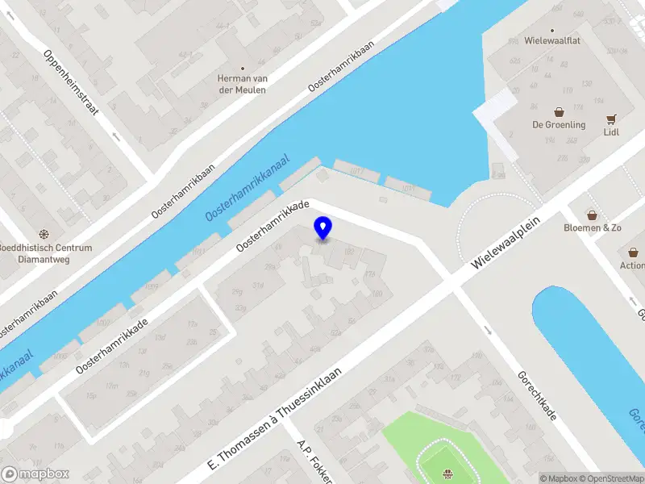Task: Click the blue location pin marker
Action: point(322,227)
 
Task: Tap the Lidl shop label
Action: point(610,132)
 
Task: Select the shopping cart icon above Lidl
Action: point(611,118)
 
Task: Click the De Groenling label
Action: point(558,125)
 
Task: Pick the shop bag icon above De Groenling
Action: point(558,111)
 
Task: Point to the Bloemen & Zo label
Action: point(593,228)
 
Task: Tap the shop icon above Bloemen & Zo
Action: point(593,215)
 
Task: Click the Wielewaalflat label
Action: point(552,40)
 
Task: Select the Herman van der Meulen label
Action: point(242,84)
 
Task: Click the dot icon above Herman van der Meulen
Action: point(242,68)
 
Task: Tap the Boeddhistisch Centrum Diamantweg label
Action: point(45,253)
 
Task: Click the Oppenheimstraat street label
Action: point(72,81)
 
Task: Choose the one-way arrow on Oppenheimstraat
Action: point(116,137)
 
